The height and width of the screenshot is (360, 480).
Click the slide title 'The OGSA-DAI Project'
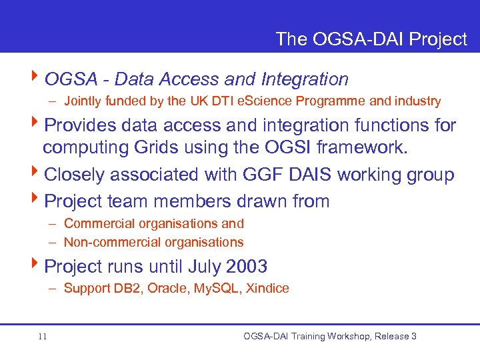click(x=371, y=39)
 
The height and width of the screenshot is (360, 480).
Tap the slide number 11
click(x=42, y=337)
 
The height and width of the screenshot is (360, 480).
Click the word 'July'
click(x=205, y=267)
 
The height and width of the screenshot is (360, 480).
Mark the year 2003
click(x=247, y=267)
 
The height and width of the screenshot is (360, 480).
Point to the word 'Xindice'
click(x=267, y=289)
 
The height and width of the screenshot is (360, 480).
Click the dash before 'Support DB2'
click(x=52, y=289)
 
